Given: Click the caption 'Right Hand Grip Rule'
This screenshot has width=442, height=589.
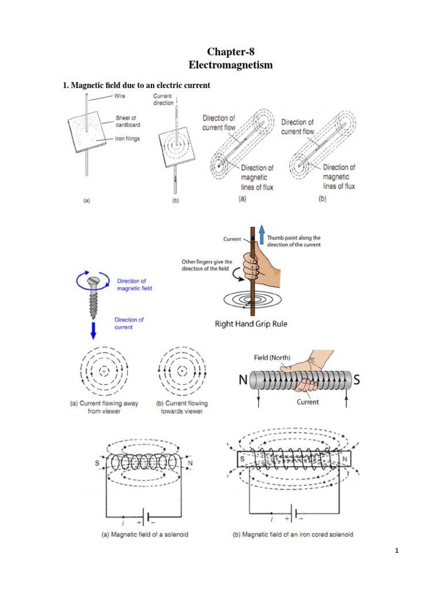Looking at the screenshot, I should point(251,324).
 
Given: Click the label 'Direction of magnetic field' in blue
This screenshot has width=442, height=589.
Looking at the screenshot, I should point(134,285).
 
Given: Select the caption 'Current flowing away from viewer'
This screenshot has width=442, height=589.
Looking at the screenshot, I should point(104,407).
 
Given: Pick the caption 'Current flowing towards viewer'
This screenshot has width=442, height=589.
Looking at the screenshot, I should point(182,407).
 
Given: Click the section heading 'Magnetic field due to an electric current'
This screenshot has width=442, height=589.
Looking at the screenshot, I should point(136,85).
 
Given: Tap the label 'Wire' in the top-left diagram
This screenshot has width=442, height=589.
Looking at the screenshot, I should point(119,96).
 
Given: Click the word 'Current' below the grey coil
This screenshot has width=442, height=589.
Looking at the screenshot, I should point(307,402).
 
